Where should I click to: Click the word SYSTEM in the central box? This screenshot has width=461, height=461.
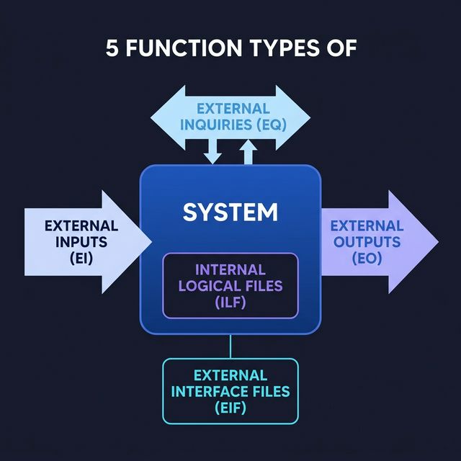point(230,212)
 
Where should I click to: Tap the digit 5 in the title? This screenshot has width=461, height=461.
point(112,49)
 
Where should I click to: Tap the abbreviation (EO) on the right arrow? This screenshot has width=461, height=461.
point(365,257)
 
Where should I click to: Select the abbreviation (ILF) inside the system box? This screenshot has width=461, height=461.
point(230,303)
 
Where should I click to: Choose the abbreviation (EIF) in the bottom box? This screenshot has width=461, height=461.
point(230,408)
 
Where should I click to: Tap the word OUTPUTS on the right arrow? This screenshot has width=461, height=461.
point(365,241)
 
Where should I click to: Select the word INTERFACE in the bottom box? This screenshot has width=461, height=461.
point(230,392)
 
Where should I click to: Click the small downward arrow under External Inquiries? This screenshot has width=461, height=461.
point(212,152)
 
